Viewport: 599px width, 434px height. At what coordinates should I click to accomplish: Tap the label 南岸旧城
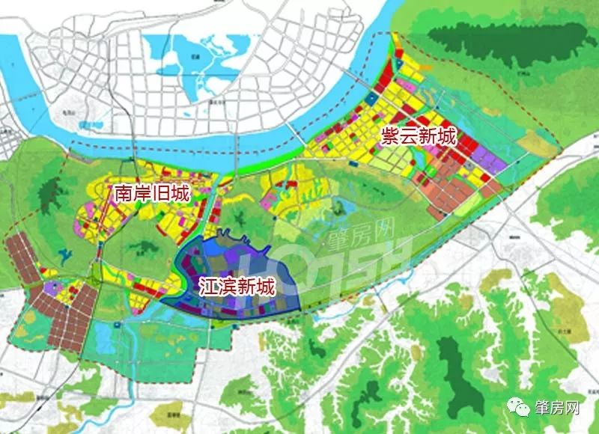[151, 193]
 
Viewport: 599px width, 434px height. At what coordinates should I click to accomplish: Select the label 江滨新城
[237, 286]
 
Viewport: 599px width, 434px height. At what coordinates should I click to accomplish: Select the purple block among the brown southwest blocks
[54, 288]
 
